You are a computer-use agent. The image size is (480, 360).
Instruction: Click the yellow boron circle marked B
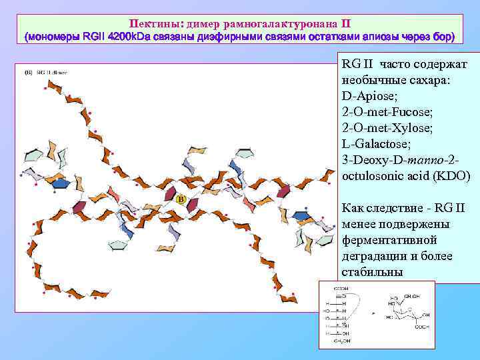tap(180, 199)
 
